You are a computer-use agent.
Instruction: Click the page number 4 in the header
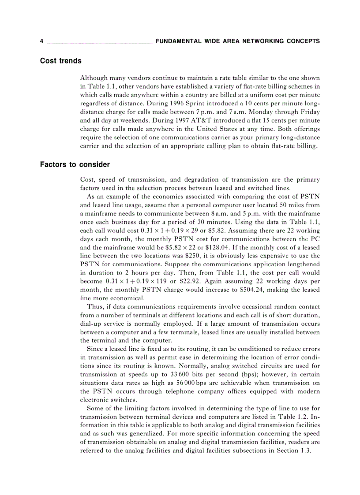tap(41, 41)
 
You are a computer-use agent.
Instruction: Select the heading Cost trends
tap(61, 61)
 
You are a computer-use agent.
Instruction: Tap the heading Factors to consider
tap(75, 164)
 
